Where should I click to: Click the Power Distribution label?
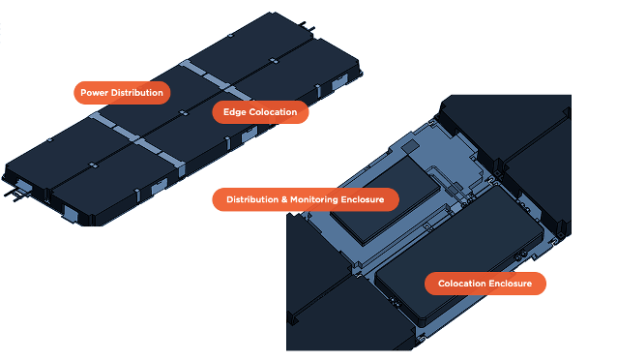click(x=122, y=93)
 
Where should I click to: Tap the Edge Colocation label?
click(x=260, y=112)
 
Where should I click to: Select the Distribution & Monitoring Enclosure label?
click(x=306, y=199)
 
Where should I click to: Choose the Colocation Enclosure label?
click(x=485, y=284)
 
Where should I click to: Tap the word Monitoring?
click(x=314, y=199)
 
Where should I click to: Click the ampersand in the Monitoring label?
click(x=284, y=199)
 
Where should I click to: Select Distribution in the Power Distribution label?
click(x=137, y=93)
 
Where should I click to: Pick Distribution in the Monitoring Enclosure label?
click(x=252, y=199)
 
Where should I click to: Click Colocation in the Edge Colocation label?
click(x=273, y=112)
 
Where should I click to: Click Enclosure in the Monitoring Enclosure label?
click(x=363, y=199)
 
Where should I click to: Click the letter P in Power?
click(x=83, y=93)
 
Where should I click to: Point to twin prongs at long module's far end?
click(x=308, y=26)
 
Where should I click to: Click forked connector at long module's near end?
click(x=15, y=194)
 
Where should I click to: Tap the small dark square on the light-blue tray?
click(x=411, y=146)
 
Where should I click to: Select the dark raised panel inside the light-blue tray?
click(x=386, y=201)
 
